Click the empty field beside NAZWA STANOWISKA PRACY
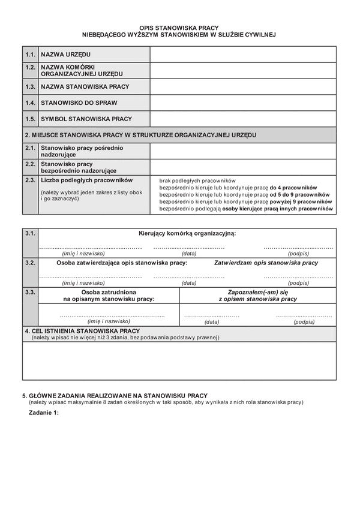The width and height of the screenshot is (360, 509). [x=243, y=87]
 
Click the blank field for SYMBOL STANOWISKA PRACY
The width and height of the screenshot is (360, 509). [x=243, y=119]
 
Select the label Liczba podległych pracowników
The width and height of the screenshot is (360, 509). [x=86, y=180]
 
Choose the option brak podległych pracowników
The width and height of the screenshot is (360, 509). [x=197, y=180]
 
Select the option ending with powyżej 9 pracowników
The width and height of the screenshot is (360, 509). [x=246, y=202]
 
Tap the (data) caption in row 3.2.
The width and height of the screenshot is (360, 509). [x=189, y=283]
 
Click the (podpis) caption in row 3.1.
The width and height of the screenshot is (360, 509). [x=298, y=254]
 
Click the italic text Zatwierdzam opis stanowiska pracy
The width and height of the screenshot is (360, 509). [x=266, y=263]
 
